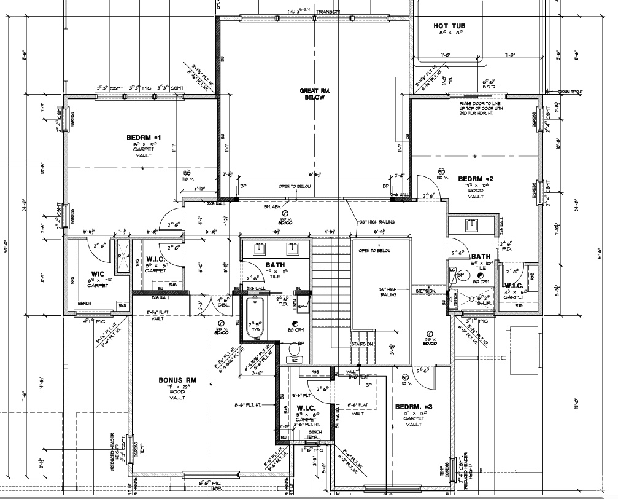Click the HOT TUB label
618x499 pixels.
click(450, 26)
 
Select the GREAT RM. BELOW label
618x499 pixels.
click(315, 94)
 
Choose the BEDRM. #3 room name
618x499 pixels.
click(414, 407)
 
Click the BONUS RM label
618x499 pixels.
click(168, 381)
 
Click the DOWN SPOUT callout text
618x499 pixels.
click(571, 92)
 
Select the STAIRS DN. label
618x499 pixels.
click(363, 345)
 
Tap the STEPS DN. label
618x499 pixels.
click(426, 291)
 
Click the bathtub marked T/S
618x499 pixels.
click(254, 318)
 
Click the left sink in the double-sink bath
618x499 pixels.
click(259, 248)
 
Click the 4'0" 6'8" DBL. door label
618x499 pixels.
click(223, 303)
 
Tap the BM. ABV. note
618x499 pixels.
click(272, 208)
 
